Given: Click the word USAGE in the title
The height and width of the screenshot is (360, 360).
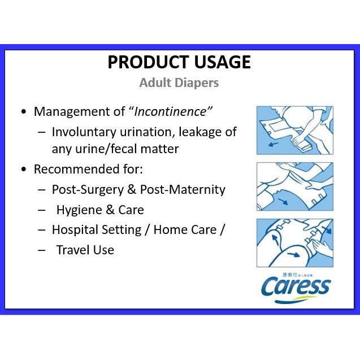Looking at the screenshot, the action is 222,62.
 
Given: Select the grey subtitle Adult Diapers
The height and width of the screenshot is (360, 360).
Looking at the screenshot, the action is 179,83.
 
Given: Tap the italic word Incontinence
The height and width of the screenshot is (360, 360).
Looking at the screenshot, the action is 170,111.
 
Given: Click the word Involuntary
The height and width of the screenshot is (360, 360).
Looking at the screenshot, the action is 84,132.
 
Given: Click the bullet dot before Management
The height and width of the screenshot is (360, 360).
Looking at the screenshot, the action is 23,112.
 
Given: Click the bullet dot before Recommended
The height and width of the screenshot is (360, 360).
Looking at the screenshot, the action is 23,170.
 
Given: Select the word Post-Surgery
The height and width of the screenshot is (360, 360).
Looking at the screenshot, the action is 88,190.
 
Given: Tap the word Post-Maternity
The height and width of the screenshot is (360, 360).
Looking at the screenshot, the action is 183,190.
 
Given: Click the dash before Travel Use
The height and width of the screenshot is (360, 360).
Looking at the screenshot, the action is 42,250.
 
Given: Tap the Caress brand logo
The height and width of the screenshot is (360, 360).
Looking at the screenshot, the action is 296,289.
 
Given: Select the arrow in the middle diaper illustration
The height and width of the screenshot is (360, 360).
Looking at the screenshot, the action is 283,202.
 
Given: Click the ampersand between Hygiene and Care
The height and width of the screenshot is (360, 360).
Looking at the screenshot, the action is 110,210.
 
